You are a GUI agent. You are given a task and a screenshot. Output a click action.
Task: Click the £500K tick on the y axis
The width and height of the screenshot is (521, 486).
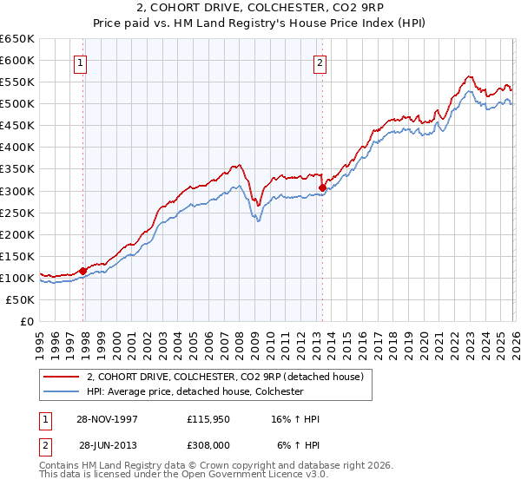pyautogui.click(x=17, y=104)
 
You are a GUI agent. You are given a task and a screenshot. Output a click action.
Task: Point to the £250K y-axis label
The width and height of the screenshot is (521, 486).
pyautogui.click(x=17, y=213)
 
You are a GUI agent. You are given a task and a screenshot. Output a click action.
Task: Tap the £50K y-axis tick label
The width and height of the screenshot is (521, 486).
pyautogui.click(x=21, y=299)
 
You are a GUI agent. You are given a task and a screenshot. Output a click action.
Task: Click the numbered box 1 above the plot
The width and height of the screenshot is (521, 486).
pyautogui.click(x=80, y=62)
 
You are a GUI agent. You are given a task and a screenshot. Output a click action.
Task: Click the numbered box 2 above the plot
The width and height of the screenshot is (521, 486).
pyautogui.click(x=320, y=62)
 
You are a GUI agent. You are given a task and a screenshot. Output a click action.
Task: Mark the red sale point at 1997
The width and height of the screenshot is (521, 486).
pyautogui.click(x=83, y=271)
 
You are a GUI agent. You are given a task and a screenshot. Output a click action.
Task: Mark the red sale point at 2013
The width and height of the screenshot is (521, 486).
pyautogui.click(x=322, y=187)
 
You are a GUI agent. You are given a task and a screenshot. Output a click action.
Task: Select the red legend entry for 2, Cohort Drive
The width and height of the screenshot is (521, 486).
pyautogui.click(x=230, y=377)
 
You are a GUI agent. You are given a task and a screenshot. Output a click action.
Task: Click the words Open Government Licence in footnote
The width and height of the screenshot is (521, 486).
pyautogui.click(x=265, y=476)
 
